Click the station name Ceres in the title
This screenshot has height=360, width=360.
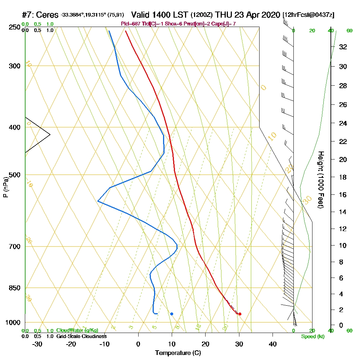[x=48, y=15]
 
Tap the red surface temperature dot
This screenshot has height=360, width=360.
[x=240, y=314]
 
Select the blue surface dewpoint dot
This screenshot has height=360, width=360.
[x=172, y=314]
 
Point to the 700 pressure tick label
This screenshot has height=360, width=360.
[x=14, y=247]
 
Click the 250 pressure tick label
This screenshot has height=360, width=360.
[x=14, y=27]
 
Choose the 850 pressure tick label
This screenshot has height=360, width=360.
[x=14, y=288]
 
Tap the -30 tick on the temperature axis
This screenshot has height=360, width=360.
[x=37, y=344]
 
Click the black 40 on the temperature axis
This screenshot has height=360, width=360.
[x=273, y=344]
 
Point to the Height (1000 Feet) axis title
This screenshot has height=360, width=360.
[x=321, y=180]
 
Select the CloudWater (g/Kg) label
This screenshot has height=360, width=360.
[x=77, y=330]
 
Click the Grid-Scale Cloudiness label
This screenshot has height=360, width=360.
[x=81, y=336]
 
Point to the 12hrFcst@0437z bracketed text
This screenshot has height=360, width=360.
[x=309, y=15]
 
